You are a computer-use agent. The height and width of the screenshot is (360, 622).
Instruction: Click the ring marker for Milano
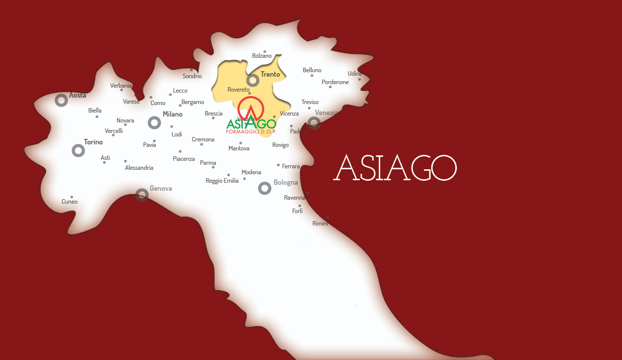click(154, 122)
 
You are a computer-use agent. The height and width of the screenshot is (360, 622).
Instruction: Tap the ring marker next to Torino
click(78, 150)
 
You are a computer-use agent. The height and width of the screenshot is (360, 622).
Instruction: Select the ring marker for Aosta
click(61, 101)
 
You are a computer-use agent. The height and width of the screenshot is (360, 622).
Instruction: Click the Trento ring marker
click(253, 80)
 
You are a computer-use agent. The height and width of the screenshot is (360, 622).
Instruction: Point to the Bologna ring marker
click(265, 188)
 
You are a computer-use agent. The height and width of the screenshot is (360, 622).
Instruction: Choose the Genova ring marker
click(142, 195)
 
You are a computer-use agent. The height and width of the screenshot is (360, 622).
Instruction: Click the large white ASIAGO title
click(396, 168)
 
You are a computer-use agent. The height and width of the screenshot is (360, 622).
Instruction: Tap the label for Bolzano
click(262, 56)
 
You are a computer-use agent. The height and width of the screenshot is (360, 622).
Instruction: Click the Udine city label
click(355, 74)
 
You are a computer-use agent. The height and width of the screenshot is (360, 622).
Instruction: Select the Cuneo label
click(70, 202)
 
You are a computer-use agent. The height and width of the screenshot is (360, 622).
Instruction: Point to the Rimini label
click(320, 224)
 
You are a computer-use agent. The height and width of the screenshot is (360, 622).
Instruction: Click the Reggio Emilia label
click(222, 181)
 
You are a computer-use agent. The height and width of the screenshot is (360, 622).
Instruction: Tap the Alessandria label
click(139, 168)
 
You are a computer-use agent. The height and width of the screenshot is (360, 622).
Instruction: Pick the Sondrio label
click(192, 77)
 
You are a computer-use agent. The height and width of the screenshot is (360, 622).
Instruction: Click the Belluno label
click(312, 70)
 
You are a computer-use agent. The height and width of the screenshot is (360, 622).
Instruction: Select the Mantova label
click(239, 148)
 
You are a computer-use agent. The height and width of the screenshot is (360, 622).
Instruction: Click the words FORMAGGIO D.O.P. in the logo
click(251, 132)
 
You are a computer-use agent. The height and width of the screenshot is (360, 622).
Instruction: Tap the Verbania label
click(121, 86)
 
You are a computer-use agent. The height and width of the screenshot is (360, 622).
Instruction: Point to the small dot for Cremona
click(202, 144)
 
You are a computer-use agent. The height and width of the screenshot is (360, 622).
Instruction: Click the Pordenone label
click(335, 82)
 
